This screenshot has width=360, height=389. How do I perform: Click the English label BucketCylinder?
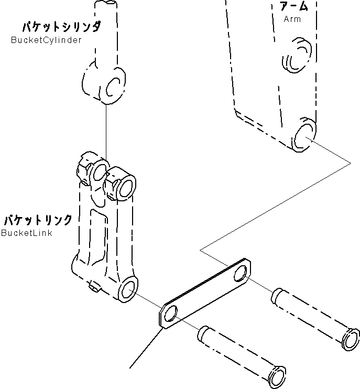click(46, 40)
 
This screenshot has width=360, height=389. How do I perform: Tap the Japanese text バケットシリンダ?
click(61, 26)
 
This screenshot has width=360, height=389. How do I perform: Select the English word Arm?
click(292, 19)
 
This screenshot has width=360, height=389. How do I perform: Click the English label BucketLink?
click(27, 233)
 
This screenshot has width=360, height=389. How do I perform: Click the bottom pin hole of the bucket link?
click(128, 290)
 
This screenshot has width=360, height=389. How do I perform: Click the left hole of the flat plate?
click(170, 315)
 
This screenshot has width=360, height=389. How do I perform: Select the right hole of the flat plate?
click(242, 274)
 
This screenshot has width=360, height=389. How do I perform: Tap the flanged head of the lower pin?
click(278, 376)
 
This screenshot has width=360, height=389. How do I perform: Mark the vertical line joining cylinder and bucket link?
click(107, 128)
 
